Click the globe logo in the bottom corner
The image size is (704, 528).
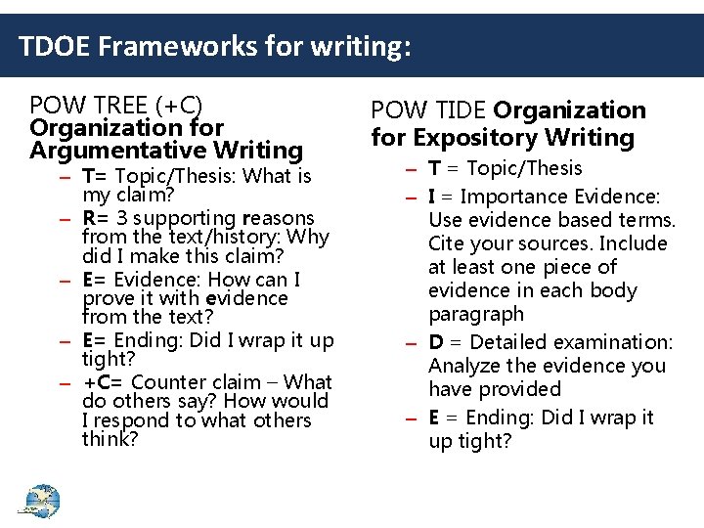point(39,501)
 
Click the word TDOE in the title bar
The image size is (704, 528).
point(50,45)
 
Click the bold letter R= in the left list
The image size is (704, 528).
point(94,218)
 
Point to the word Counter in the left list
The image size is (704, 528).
point(171,382)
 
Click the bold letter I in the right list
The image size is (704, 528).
point(432,197)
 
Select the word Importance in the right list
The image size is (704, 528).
point(506,197)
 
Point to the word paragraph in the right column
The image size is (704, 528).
point(475,314)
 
